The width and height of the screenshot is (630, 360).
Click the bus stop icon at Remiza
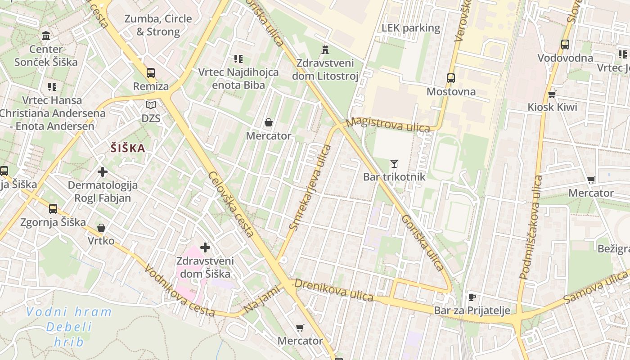click(151, 72)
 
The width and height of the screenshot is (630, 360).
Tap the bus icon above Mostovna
click(451, 78)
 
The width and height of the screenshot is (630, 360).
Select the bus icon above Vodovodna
click(565, 45)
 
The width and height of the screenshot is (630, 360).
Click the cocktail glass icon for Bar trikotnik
click(394, 163)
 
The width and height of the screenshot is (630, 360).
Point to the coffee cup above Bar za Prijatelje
click(472, 297)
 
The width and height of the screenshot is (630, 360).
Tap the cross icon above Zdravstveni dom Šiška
click(205, 247)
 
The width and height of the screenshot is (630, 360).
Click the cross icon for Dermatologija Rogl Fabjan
click(103, 171)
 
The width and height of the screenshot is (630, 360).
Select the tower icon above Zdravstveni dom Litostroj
click(325, 49)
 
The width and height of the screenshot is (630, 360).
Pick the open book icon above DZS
click(151, 105)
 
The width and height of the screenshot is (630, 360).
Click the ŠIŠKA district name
click(128, 148)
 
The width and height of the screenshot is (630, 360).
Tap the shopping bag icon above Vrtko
click(101, 228)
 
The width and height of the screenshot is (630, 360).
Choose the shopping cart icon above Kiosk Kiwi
click(552, 94)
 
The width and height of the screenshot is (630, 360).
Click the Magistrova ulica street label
click(388, 125)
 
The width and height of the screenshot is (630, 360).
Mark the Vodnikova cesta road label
click(180, 292)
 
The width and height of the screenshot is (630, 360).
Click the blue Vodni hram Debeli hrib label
click(69, 326)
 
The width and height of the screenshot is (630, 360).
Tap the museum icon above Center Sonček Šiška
click(46, 36)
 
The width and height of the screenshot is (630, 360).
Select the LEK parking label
click(410, 28)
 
